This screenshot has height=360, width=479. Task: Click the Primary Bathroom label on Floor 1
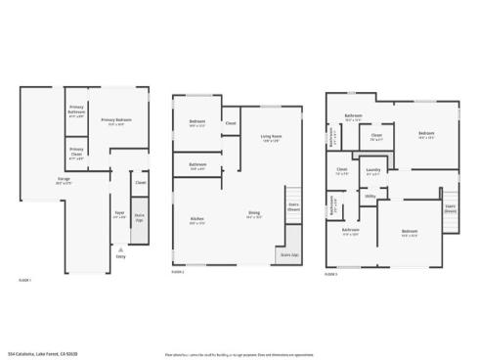tap(75, 110)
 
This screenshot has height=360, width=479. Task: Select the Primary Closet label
tap(75, 154)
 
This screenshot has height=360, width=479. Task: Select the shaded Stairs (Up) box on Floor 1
tap(140, 216)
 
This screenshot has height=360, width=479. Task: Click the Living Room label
tap(271, 138)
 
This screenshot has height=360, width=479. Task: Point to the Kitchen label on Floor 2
tap(196, 221)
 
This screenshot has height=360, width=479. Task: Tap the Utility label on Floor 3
tap(370, 196)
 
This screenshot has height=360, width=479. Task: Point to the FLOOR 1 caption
tap(24, 280)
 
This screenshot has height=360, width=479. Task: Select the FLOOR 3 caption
tap(330, 274)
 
